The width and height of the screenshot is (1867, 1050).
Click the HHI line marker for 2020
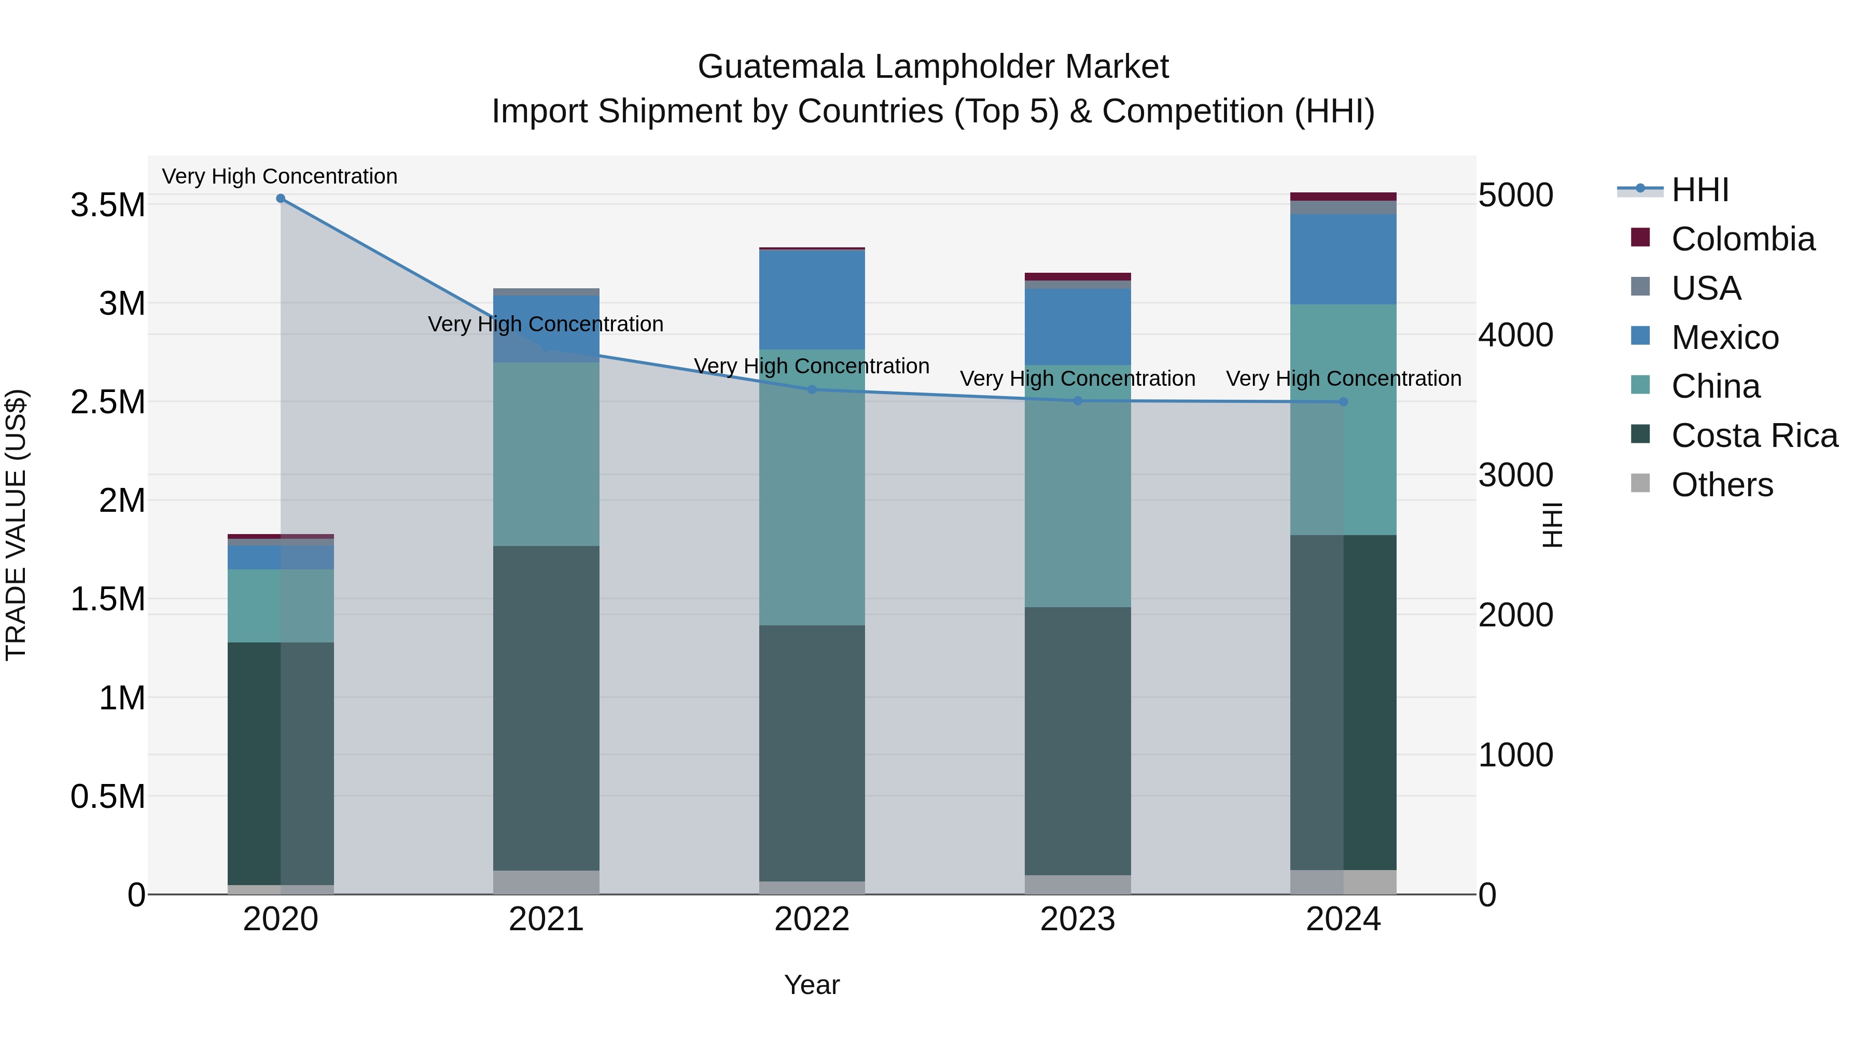point(281,199)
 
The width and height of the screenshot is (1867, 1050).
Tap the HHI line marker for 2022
point(812,390)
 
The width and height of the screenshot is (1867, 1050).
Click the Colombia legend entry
point(1743,239)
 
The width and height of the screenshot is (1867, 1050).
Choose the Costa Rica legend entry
point(1754,436)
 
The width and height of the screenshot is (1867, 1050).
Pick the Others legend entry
point(1722,485)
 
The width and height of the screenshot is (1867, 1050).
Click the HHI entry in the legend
point(1699,190)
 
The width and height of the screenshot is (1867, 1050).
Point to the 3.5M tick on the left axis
point(107,205)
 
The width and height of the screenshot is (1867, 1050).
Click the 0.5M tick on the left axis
point(107,796)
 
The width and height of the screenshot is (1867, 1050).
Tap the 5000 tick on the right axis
point(1515,195)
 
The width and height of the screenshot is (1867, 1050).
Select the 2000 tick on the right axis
point(1515,615)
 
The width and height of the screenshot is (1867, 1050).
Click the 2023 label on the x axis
point(1077,919)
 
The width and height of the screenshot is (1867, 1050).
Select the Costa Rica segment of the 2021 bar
point(546,707)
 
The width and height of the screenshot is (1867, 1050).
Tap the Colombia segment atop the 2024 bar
point(1343,197)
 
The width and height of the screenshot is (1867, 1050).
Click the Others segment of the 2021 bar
point(546,882)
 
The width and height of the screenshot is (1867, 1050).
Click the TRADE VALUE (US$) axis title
point(16,525)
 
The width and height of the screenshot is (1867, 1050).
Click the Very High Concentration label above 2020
point(279,176)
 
